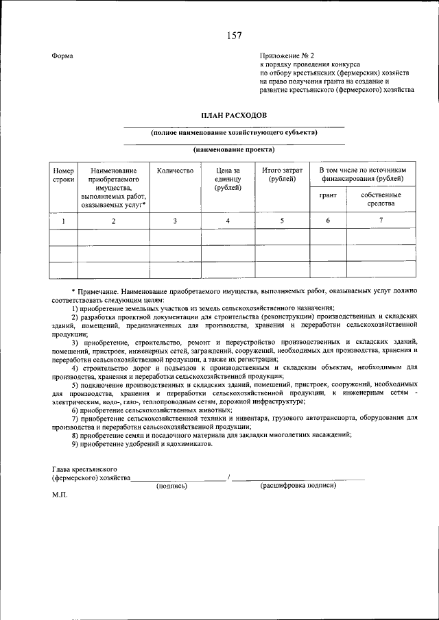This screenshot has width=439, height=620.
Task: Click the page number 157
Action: pos(233,35)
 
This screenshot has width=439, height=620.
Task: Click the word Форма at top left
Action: pos(62,55)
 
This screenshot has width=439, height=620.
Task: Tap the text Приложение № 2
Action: pos(286,55)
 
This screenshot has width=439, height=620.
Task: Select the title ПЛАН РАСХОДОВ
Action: pos(233,117)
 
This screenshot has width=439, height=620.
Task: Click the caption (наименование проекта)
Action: pos(233,149)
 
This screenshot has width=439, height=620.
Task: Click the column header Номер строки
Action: pos(63,175)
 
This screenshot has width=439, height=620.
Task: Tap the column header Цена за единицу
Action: pos(228,179)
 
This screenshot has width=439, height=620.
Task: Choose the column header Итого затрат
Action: pos(283,175)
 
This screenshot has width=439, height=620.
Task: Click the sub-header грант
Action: pos(328,195)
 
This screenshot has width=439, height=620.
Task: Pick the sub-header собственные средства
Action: pos(380,199)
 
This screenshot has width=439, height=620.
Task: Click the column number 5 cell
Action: pos(283,221)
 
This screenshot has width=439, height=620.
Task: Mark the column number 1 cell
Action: pos(63,221)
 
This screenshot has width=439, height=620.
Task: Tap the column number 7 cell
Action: pos(380,221)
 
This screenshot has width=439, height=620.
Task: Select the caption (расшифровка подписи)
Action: pos(298,485)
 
